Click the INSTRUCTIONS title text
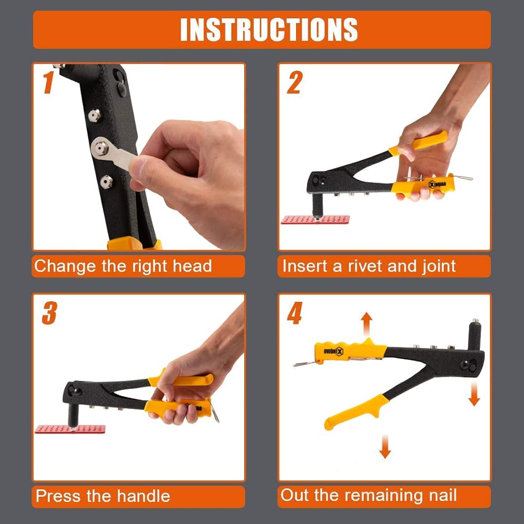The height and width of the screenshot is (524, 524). pos(269,29)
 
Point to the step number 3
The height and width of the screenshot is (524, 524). pos(49,313)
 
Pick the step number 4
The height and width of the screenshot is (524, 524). pos(294,313)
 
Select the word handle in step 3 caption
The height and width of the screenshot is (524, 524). pos(144,496)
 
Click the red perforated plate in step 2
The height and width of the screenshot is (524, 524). pos(315,220)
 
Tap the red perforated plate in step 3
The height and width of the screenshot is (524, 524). pos(70,429)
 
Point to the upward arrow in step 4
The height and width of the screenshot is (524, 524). pos(367,324)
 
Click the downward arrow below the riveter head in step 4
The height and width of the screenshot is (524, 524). pos(474,394)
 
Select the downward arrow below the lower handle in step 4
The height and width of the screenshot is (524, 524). pos(385,446)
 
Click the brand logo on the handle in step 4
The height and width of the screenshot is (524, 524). pos(333,352)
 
